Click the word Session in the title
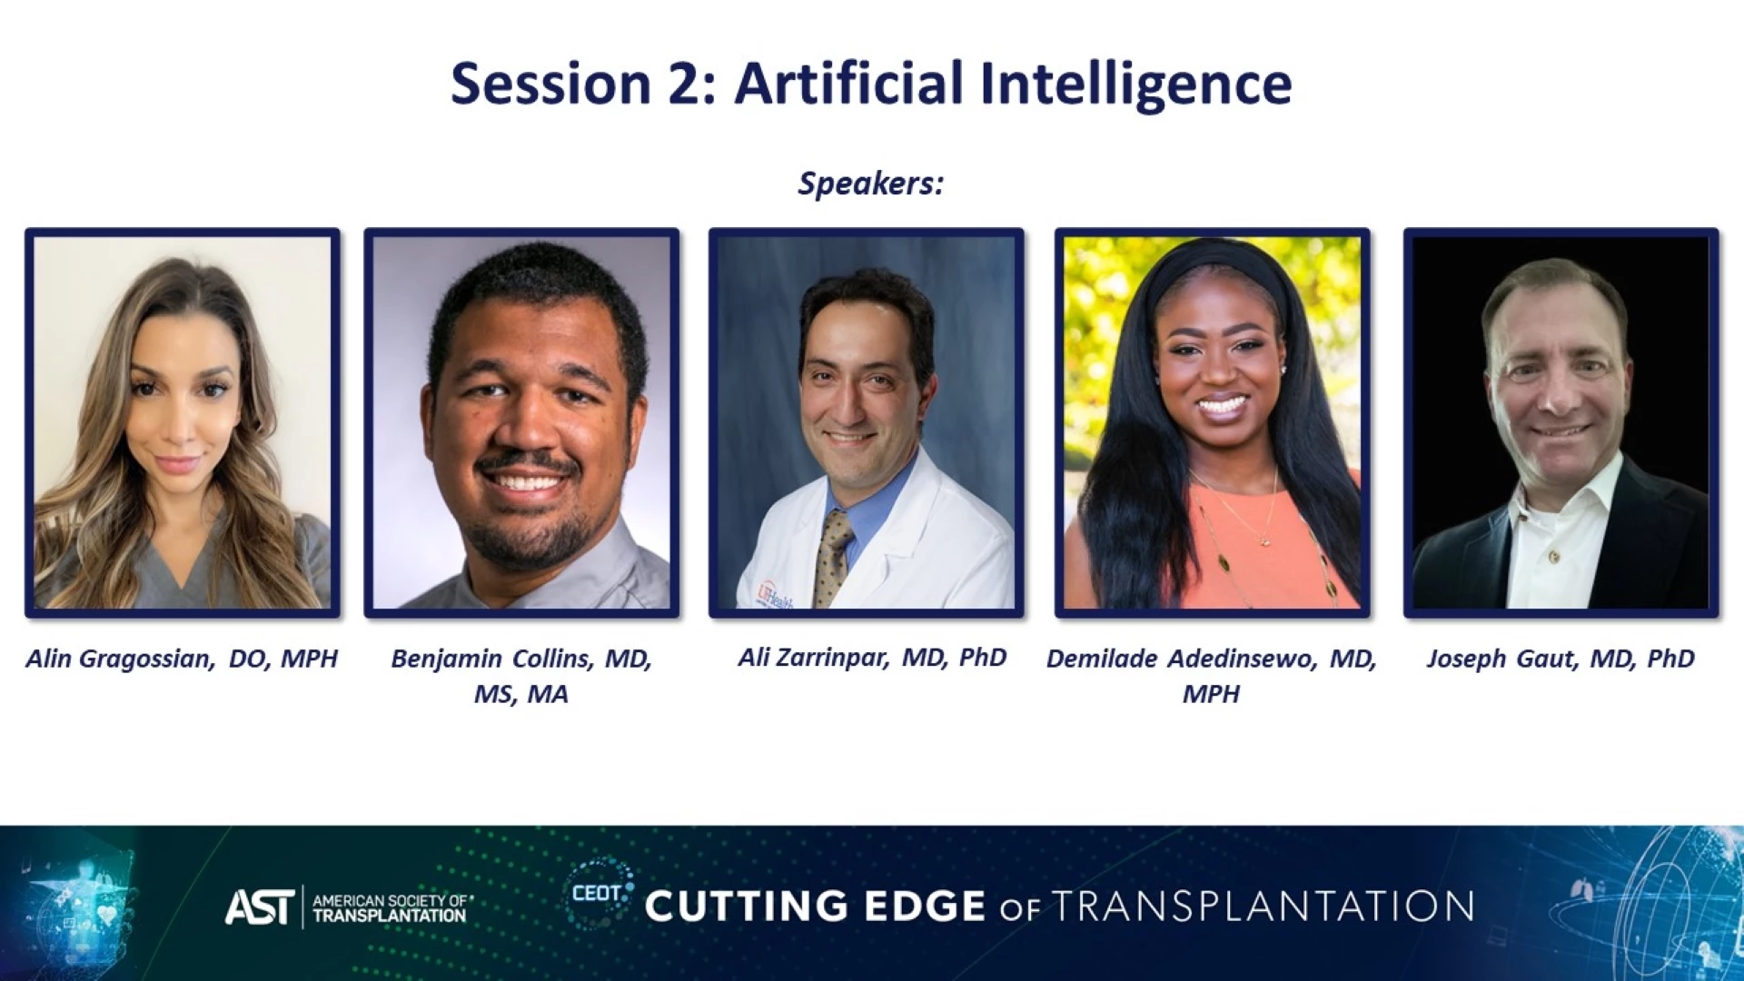(x=550, y=84)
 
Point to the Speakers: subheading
(x=871, y=183)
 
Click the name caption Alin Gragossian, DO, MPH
(x=182, y=659)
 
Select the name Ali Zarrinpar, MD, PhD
(x=872, y=658)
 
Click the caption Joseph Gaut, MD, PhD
(x=1561, y=659)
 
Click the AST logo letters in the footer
(x=260, y=907)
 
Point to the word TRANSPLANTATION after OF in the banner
(x=1263, y=907)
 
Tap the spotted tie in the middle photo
(x=833, y=557)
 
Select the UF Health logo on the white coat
(x=774, y=595)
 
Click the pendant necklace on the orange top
(x=1264, y=540)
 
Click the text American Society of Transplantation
(x=391, y=907)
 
